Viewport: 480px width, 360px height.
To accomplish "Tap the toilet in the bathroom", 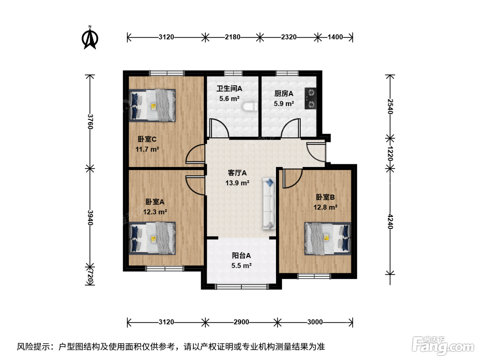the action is [x=250, y=106].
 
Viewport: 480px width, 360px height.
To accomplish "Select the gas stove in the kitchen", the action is [x=311, y=98].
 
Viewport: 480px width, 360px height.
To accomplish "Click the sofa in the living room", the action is [x=269, y=204].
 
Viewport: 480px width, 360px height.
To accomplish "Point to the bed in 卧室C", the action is [x=152, y=105].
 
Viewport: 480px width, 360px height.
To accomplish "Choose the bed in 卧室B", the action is [x=328, y=239].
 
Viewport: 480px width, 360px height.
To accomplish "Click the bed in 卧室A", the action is [x=152, y=238].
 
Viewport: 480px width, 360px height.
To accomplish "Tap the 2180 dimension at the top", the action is [x=232, y=37].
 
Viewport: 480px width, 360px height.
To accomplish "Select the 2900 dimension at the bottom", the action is [x=241, y=322].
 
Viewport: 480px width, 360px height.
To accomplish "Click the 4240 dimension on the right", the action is [x=390, y=221].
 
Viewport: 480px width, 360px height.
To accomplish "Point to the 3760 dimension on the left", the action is [x=90, y=121].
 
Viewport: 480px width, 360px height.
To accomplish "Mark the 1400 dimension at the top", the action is [x=335, y=37].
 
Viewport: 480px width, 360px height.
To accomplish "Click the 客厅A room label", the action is [x=237, y=173].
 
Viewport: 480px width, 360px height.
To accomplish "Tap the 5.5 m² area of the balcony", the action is [x=241, y=266].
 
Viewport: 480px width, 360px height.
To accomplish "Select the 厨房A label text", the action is [x=284, y=94].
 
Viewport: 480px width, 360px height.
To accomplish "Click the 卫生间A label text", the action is [x=229, y=88].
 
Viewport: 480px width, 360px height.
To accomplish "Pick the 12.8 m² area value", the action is [x=325, y=207].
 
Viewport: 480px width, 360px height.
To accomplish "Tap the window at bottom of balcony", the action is [x=241, y=287].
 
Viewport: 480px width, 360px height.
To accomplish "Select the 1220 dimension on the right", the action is [x=390, y=154].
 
